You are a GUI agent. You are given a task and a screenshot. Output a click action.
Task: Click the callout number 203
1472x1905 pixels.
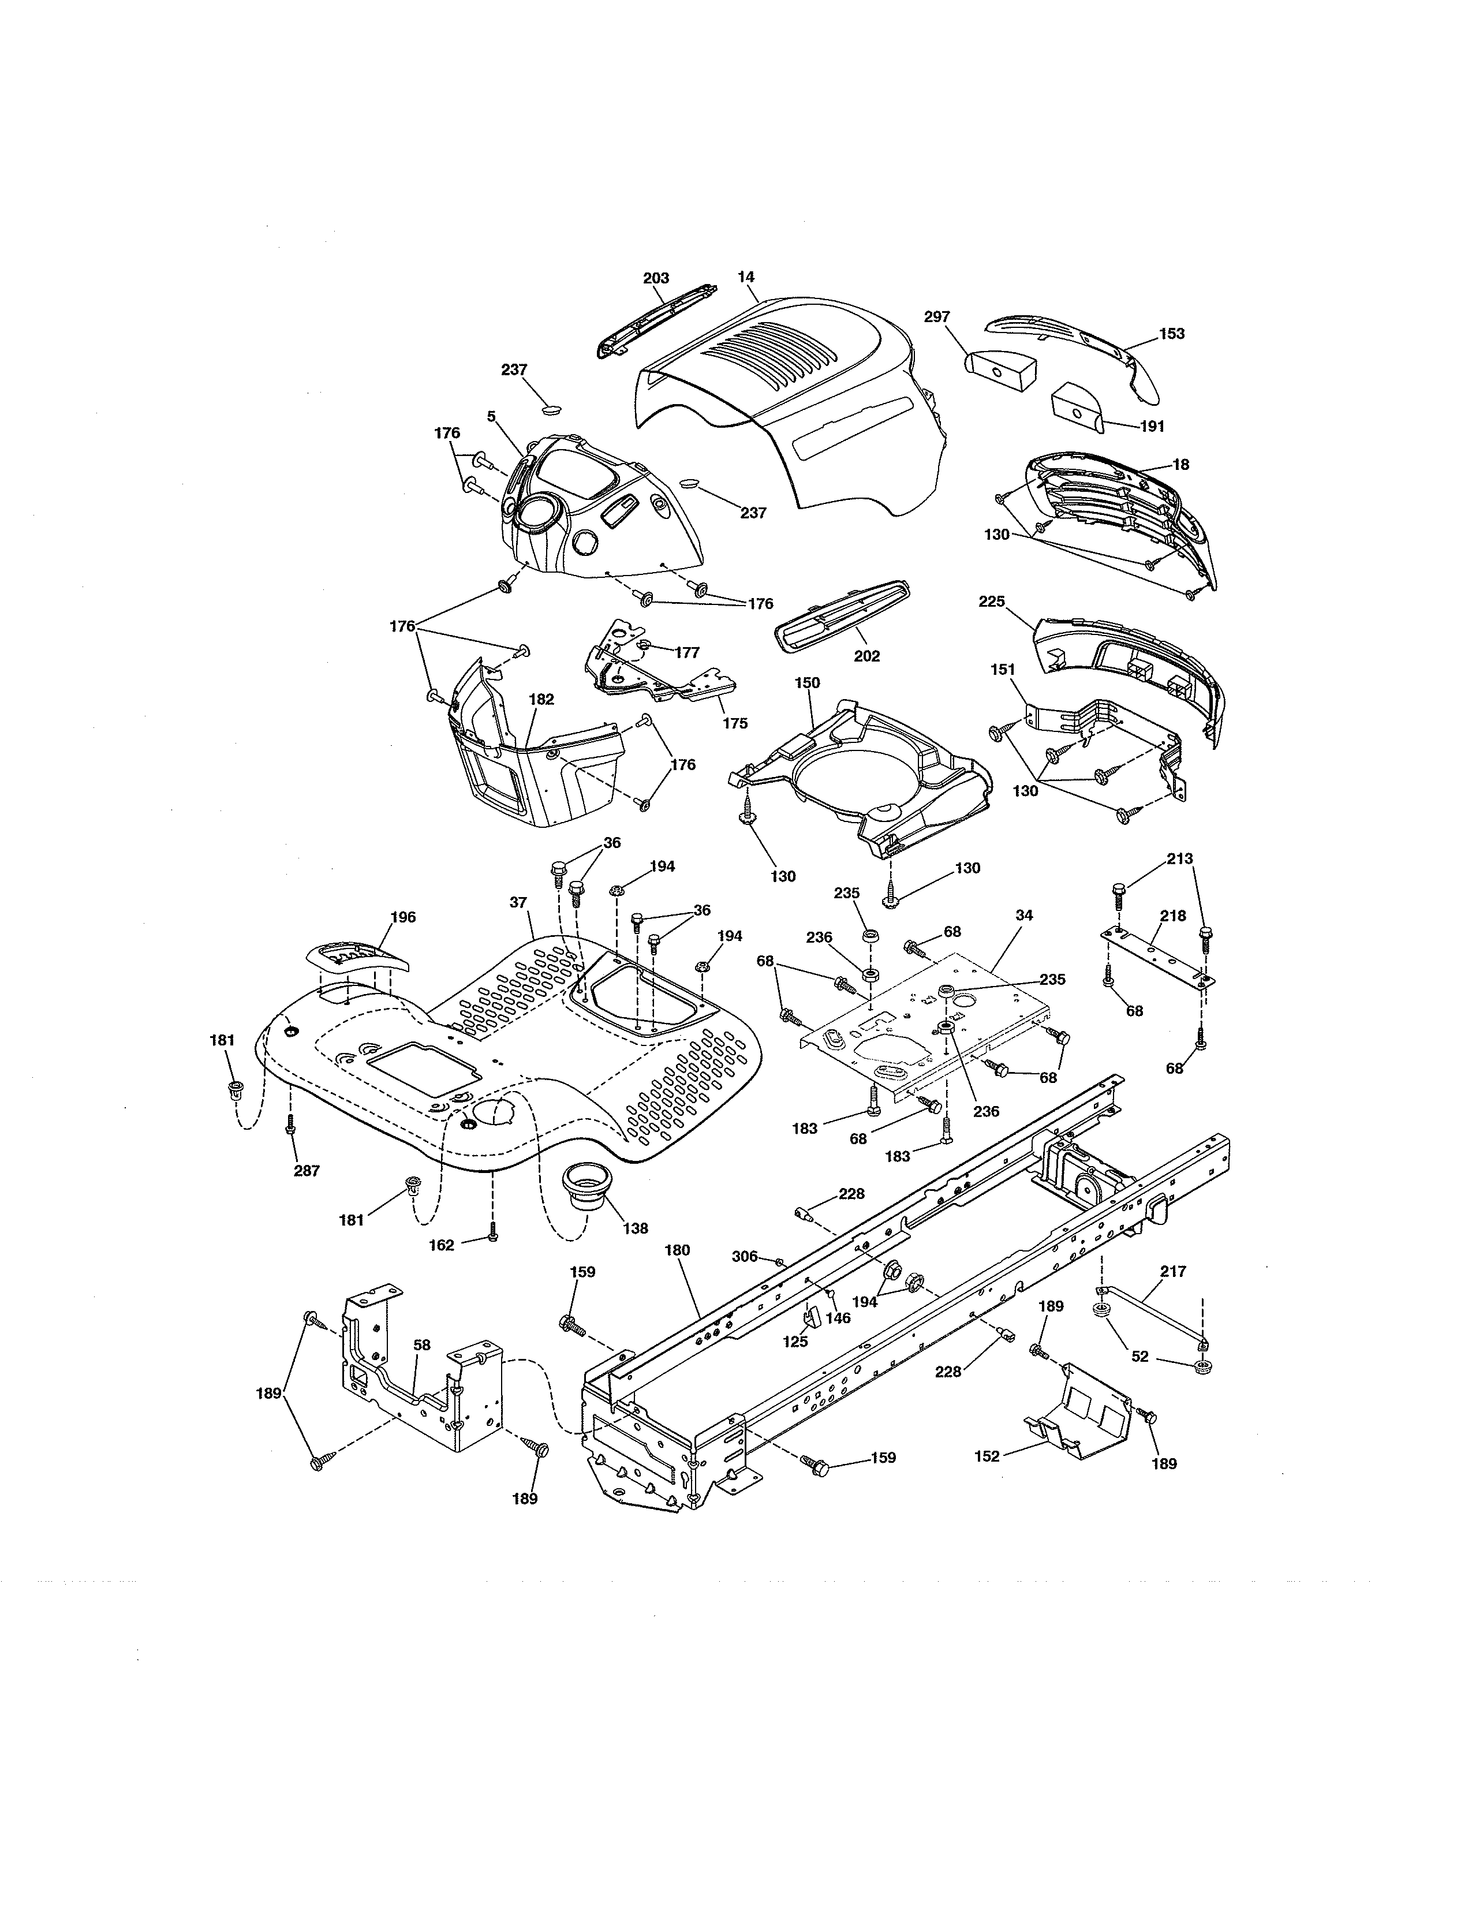[656, 278]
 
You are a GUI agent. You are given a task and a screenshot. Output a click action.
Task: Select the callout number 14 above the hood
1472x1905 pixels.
[746, 277]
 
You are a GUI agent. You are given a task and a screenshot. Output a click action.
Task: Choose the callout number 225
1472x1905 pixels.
[992, 601]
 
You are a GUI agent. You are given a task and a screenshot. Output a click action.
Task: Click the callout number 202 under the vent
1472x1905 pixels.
[867, 656]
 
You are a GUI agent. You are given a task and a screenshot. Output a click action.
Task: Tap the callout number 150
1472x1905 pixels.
[808, 682]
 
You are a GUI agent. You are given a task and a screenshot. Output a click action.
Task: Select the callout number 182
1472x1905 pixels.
[541, 698]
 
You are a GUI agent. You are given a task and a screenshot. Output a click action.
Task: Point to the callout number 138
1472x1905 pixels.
[636, 1228]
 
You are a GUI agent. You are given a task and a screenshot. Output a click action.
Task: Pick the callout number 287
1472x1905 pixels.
[307, 1171]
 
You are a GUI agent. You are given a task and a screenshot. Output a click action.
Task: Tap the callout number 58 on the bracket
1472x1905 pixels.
[422, 1345]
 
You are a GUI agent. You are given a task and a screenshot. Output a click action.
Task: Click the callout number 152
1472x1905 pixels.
[987, 1456]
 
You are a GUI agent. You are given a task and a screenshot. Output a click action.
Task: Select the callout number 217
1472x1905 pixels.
[1174, 1272]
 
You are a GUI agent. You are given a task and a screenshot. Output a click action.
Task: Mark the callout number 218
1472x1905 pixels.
[1173, 916]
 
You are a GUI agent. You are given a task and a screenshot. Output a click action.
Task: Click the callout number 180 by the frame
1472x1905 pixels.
[677, 1250]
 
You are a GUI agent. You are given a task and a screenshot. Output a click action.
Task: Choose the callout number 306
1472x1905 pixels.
[744, 1256]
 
